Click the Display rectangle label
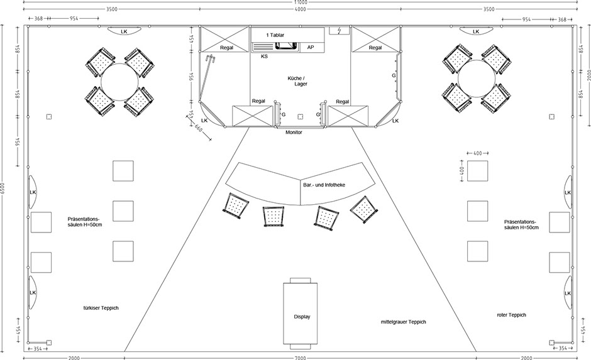(302, 317)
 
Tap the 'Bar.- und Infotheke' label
(324, 185)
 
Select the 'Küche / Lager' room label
(298, 81)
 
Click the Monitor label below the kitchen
(294, 133)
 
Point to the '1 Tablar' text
(275, 35)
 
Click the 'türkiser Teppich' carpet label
(101, 308)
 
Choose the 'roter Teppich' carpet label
(512, 315)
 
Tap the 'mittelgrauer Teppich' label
(403, 322)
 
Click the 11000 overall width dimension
(301, 3)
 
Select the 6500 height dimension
(3, 188)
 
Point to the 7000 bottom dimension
(301, 357)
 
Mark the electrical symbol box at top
(340, 31)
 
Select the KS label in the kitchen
(264, 57)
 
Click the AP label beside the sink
(310, 48)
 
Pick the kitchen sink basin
(286, 46)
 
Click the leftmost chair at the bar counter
(236, 205)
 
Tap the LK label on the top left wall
(124, 31)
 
